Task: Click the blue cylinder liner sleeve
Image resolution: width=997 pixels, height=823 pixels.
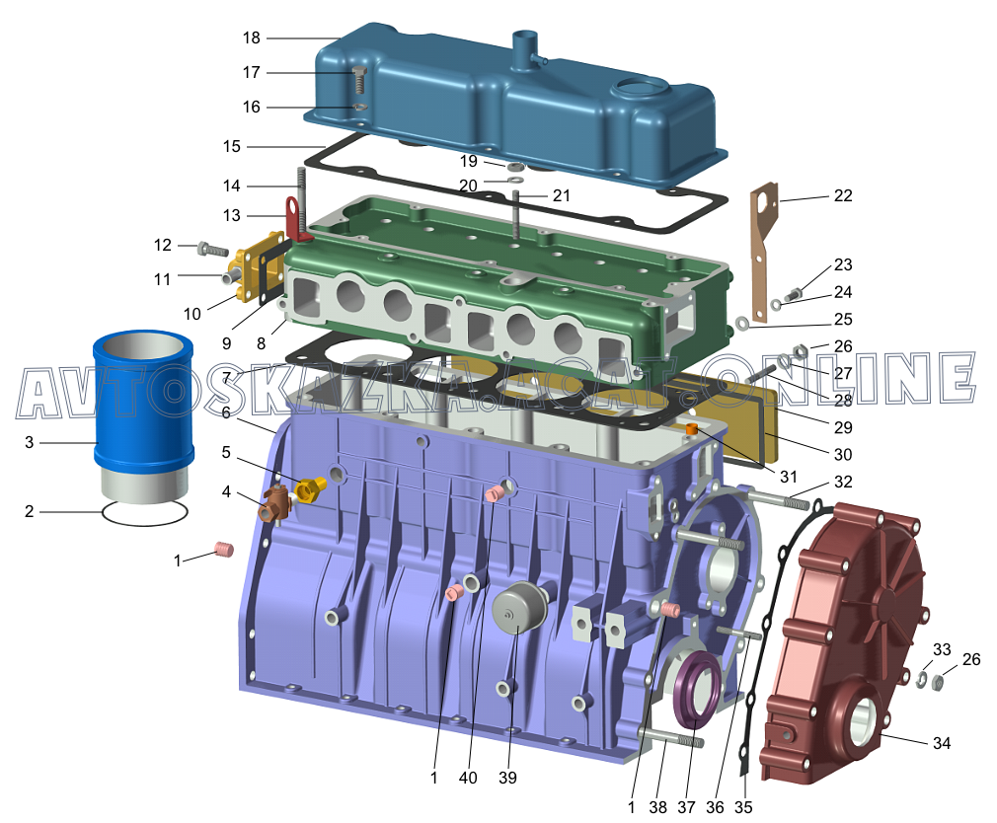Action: pyautogui.click(x=143, y=413)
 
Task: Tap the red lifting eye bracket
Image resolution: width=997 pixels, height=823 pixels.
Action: pyautogui.click(x=297, y=219)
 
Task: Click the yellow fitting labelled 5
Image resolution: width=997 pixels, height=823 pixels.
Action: pyautogui.click(x=310, y=488)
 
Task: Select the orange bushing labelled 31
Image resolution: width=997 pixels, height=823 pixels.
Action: pyautogui.click(x=692, y=430)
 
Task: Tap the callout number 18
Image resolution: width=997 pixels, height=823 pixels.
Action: pyautogui.click(x=252, y=38)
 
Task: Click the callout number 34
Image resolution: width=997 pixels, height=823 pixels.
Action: pyautogui.click(x=942, y=743)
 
